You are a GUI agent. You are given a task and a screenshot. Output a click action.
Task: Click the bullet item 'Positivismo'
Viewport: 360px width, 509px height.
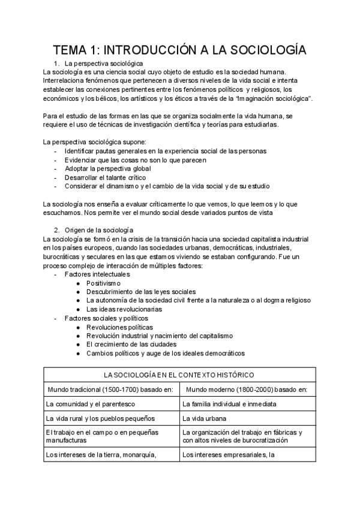(103, 283)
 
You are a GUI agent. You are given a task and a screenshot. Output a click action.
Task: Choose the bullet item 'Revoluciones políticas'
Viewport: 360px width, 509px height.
(119, 327)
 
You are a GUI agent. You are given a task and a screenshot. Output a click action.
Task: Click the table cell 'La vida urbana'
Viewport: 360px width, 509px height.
(204, 418)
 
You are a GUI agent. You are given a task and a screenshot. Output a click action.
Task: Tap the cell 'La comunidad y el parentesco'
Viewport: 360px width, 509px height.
(91, 404)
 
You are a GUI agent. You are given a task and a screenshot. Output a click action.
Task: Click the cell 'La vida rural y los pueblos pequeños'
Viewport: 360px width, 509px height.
(101, 418)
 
